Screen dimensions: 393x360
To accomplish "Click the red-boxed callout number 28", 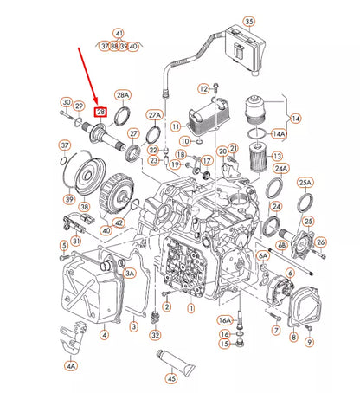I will coord(101,113).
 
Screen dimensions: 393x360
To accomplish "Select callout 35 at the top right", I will coord(248,22).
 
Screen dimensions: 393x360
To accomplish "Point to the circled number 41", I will coord(119,32).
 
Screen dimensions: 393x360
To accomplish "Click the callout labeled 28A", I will coord(122,95).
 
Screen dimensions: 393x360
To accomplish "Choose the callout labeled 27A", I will coord(154,114).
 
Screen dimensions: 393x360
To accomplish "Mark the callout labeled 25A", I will coord(305,183).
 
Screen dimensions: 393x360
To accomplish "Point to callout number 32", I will coord(156,334).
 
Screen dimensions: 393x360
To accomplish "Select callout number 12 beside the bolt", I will coord(203,87).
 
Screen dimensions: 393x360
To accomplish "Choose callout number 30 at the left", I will coord(66,103).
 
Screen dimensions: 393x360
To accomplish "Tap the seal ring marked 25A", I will coord(305,204).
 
